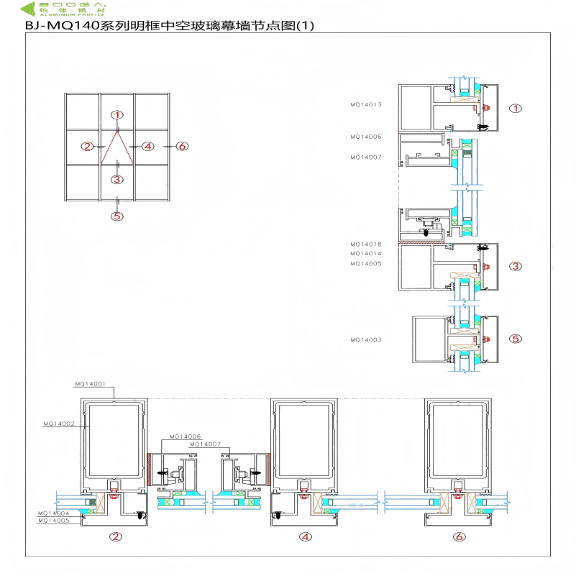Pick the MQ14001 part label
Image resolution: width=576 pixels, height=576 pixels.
(90, 384)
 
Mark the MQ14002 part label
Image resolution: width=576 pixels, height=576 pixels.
(59, 424)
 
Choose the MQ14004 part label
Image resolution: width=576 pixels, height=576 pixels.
(54, 513)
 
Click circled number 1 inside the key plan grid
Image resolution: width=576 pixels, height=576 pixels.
(118, 114)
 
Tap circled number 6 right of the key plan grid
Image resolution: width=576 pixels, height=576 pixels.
(182, 146)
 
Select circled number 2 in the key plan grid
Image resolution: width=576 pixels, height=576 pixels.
(88, 146)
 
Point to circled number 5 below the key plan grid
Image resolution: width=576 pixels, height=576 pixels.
(118, 216)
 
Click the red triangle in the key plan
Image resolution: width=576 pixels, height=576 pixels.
(117, 148)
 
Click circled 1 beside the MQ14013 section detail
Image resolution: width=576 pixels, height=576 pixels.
(515, 109)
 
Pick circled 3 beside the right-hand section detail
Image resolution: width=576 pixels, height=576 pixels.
(515, 267)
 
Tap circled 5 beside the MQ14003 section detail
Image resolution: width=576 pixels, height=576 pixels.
(515, 339)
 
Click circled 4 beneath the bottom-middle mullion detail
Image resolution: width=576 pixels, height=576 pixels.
(305, 536)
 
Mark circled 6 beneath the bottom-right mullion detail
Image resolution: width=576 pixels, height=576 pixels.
(459, 536)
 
